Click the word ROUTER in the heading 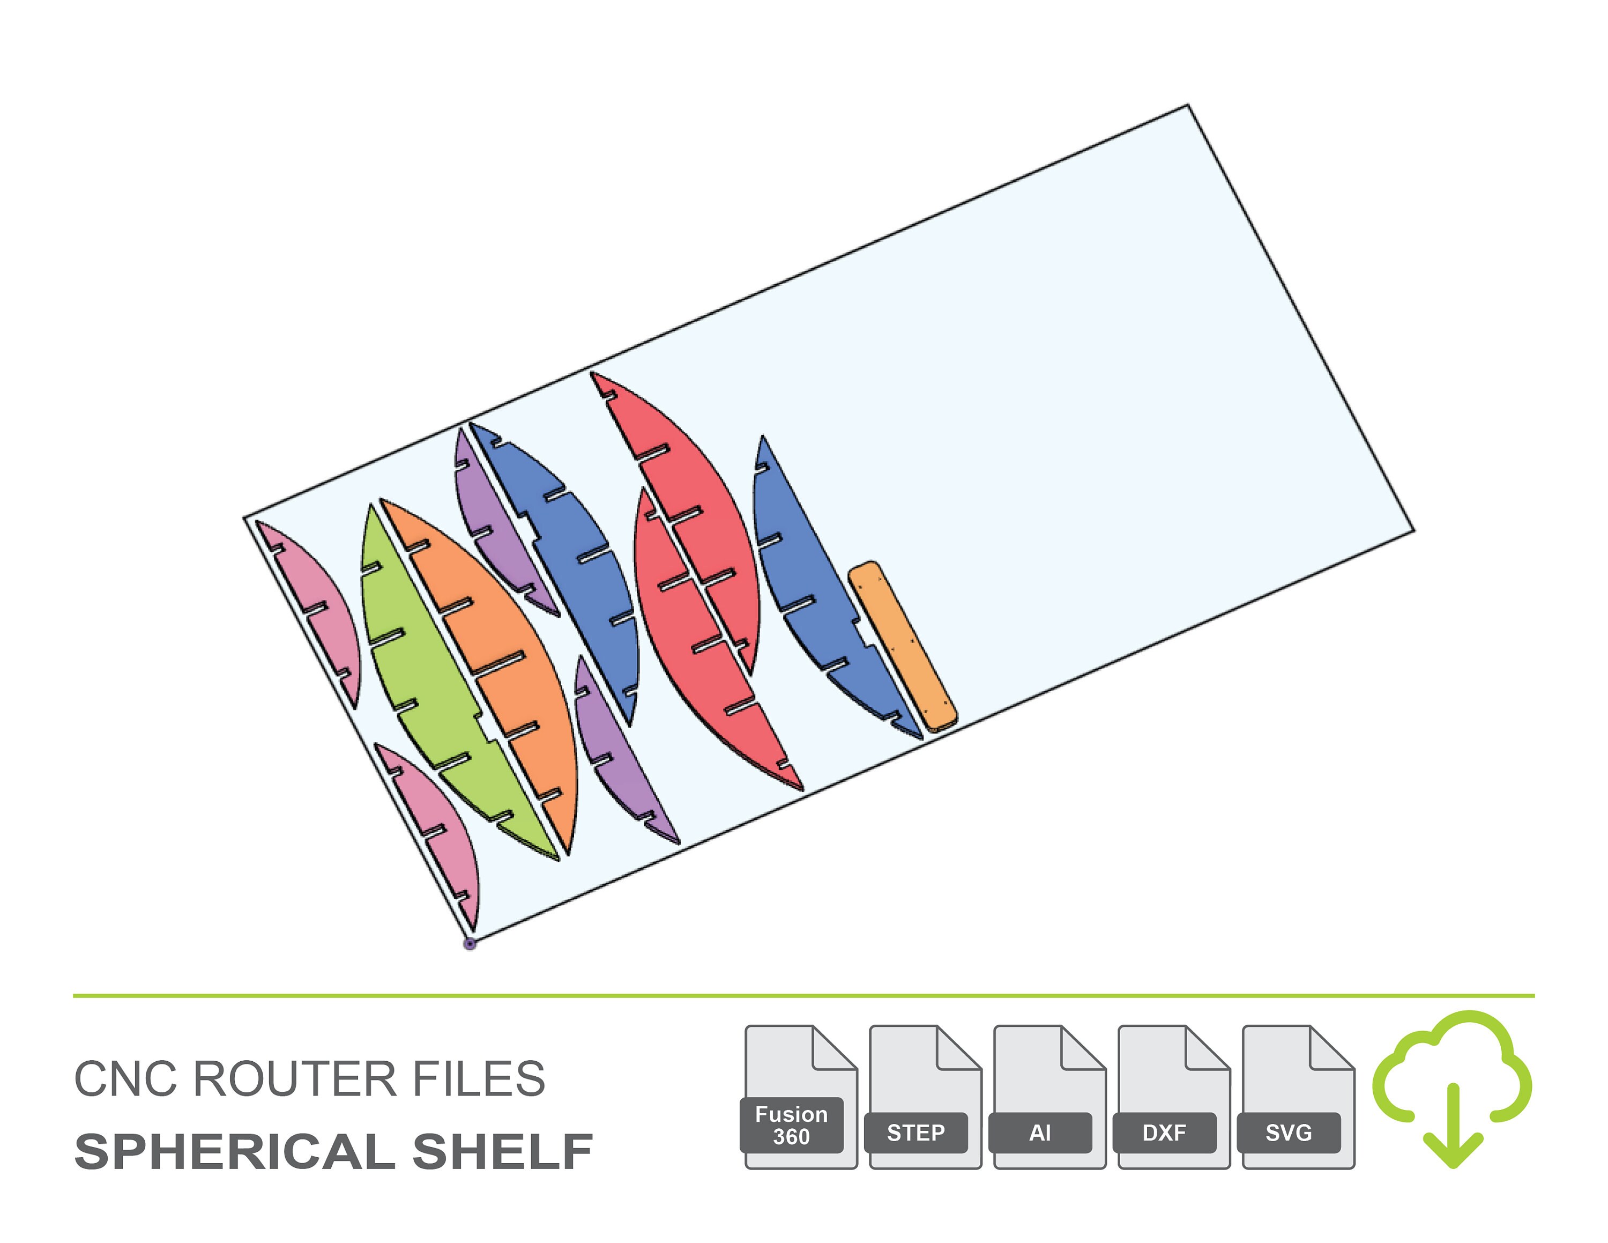pos(296,1079)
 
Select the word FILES pos(479,1079)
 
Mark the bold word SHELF pos(503,1152)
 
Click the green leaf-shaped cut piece pos(434,685)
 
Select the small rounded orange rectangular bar pos(903,647)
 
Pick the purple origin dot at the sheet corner pos(470,944)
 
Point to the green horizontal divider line pos(804,996)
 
